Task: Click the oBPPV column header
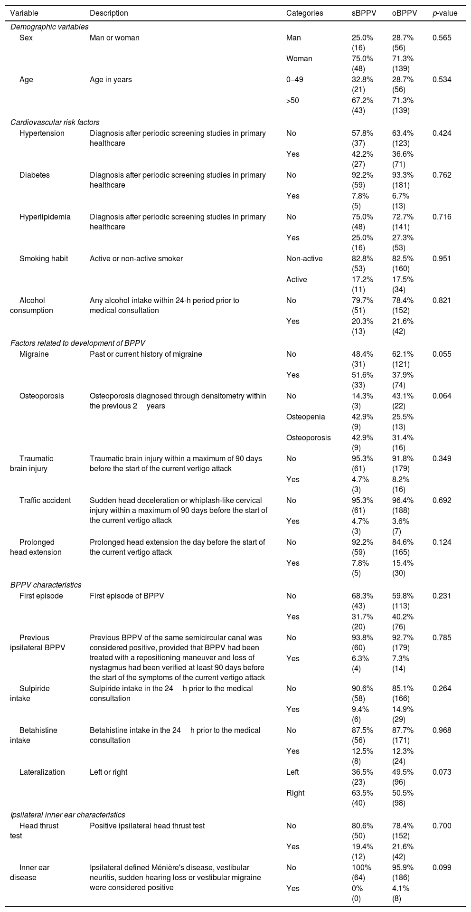404,13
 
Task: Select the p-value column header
445,13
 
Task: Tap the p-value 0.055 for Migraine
442,354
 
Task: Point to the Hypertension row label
42,133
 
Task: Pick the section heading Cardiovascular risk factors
55,122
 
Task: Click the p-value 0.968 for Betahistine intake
442,730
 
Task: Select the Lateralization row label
42,772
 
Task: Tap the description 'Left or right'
108,772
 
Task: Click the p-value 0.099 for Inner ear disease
442,867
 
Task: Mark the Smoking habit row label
44,258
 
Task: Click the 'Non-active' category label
304,258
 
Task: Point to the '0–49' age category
295,80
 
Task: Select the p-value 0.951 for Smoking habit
442,258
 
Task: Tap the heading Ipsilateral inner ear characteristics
68,815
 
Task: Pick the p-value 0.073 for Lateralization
442,772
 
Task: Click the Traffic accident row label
45,500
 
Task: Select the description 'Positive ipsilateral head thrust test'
147,826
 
